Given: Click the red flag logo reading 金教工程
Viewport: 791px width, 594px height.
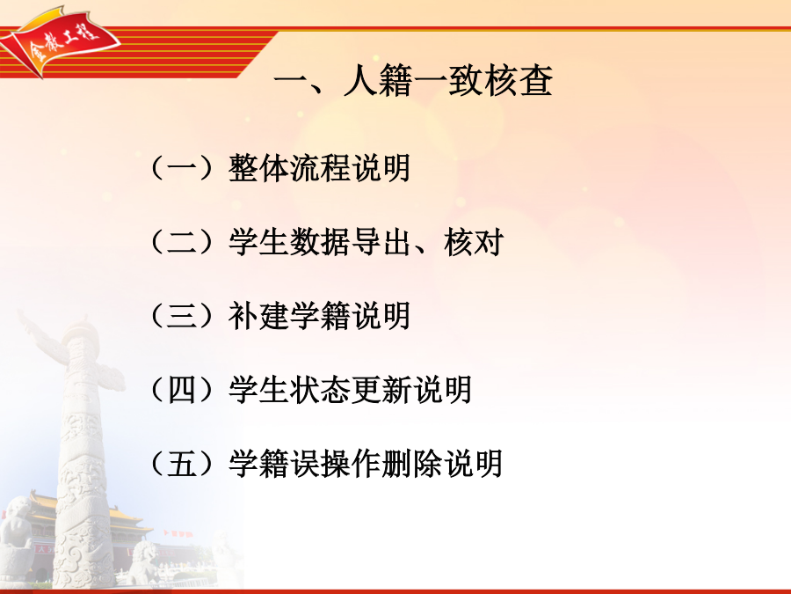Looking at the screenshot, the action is click(60, 40).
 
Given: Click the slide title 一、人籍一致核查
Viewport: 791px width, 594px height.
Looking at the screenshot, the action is click(413, 80).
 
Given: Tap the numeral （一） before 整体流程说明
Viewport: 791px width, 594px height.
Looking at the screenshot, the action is click(182, 168).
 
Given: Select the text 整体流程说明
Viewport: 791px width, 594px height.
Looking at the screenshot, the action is click(319, 168).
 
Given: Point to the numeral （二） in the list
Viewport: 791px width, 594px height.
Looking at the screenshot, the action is click(182, 242).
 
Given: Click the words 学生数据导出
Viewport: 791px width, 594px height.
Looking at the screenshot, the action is click(319, 242).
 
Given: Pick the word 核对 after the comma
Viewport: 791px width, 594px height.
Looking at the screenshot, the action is click(474, 242).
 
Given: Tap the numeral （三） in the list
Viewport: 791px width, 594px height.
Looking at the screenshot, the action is click(182, 316).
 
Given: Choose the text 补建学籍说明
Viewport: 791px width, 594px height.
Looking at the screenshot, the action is click(319, 316).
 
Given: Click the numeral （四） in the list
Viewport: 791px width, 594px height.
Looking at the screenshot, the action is click(182, 390).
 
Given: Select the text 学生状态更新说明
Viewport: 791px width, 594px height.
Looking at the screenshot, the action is click(350, 390).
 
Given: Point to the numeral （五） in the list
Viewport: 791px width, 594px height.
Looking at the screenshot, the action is click(182, 463).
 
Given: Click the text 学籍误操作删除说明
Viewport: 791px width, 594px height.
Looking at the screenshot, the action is click(366, 463).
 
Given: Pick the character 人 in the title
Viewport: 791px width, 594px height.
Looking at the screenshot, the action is click(360, 80).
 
